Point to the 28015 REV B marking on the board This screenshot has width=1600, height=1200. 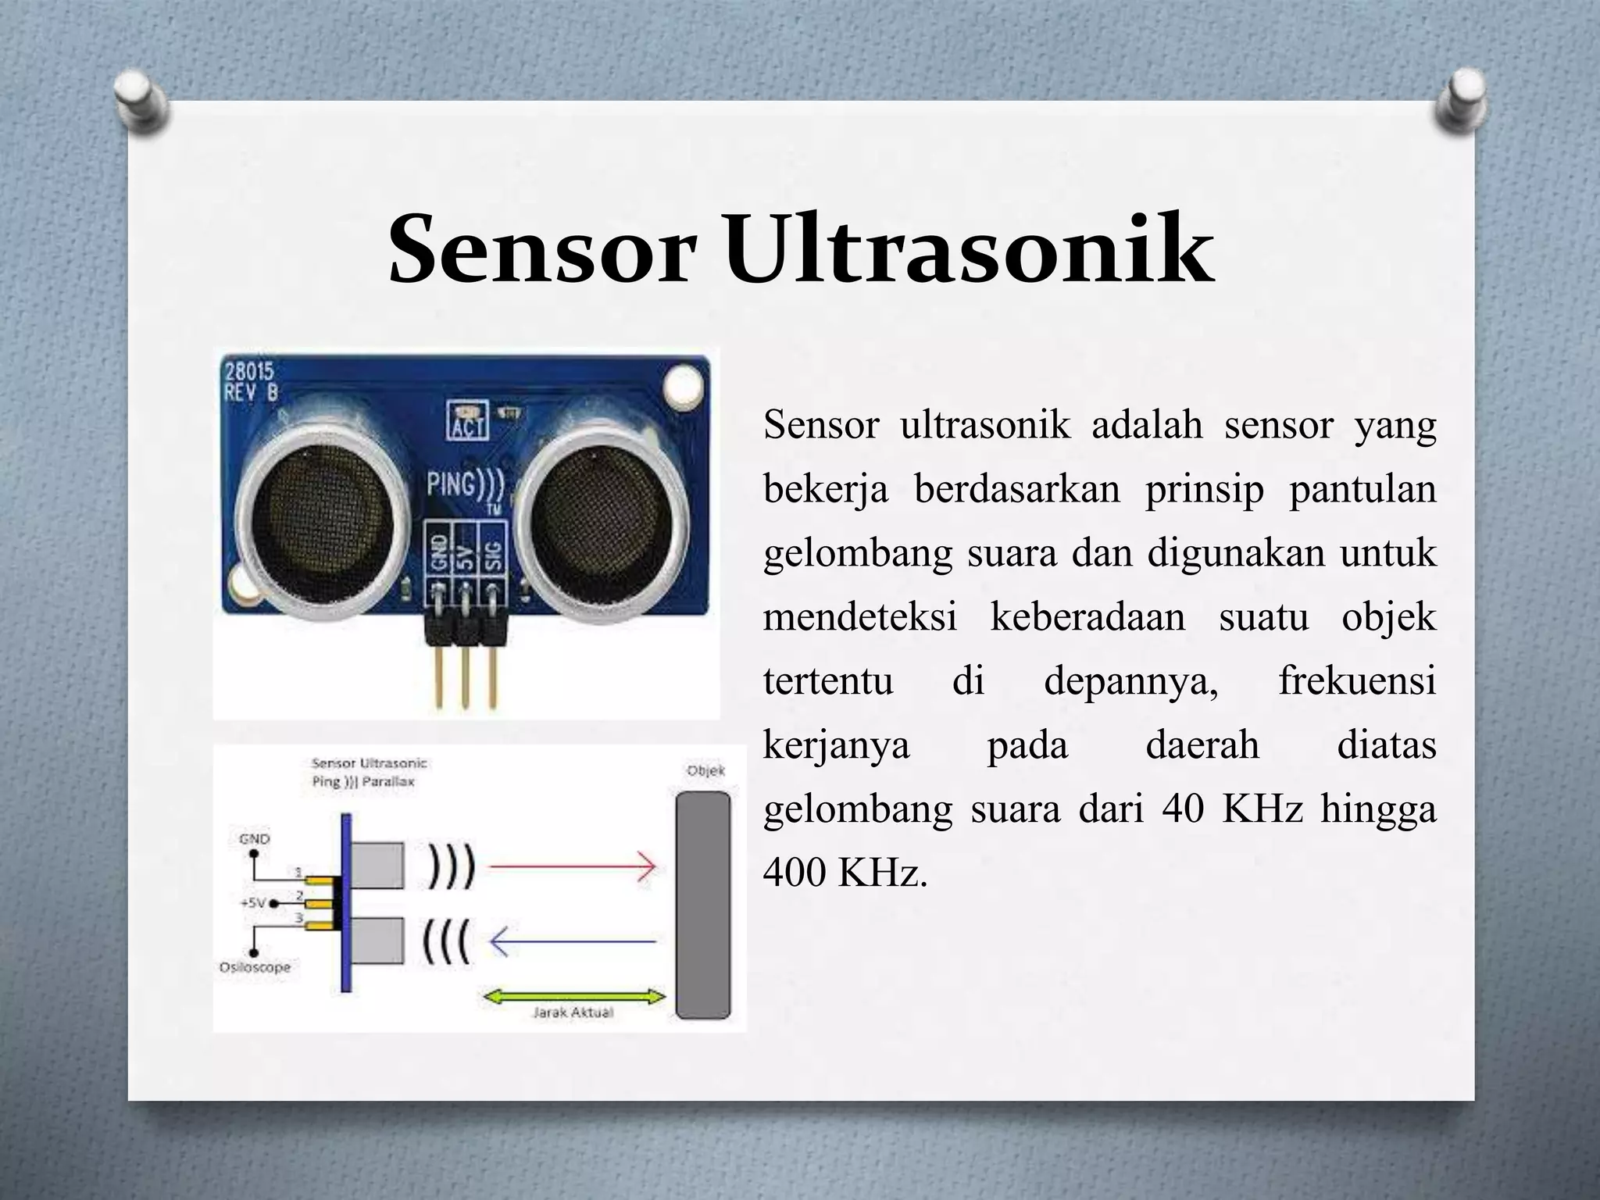point(252,380)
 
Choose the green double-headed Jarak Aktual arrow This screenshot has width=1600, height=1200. point(574,997)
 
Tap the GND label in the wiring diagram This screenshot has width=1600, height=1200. point(254,839)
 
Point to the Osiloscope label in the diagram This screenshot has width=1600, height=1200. point(255,967)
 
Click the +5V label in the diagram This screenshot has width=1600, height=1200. point(252,903)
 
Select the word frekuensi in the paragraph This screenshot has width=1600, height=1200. point(1357,680)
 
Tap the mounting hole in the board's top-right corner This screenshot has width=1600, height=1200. point(684,384)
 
